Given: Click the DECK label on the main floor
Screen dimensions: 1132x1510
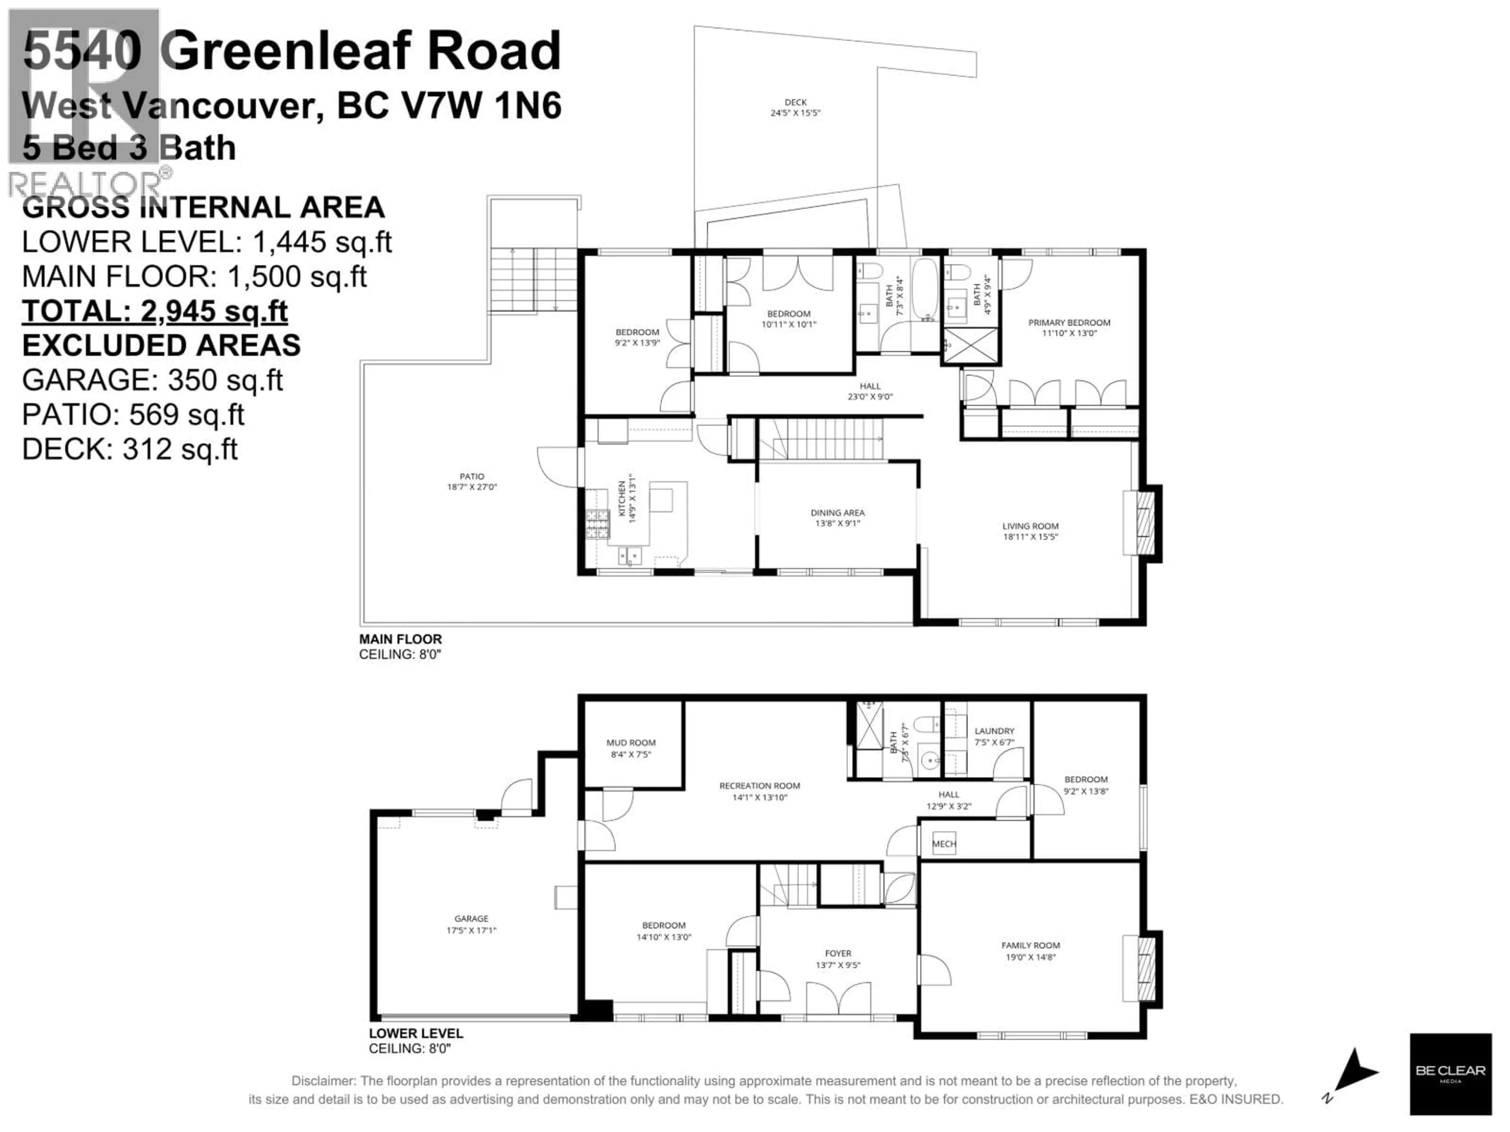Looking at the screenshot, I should click(795, 102).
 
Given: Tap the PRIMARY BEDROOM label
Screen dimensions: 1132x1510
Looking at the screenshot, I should click(1069, 323).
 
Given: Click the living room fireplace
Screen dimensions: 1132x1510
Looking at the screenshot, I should click(1145, 524).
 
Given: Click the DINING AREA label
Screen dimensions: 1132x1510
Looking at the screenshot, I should click(838, 513).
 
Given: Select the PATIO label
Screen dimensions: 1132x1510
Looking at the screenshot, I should click(472, 476).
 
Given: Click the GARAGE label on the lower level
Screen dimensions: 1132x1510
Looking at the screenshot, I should click(471, 919).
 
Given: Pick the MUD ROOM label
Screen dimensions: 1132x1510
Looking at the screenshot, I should click(631, 742).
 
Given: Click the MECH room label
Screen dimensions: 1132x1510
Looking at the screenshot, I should click(944, 844).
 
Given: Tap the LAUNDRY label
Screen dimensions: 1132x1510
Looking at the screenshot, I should click(994, 731).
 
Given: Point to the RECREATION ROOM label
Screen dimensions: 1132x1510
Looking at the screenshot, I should click(759, 785).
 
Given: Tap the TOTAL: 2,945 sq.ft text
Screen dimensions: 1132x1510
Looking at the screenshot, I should click(155, 311).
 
